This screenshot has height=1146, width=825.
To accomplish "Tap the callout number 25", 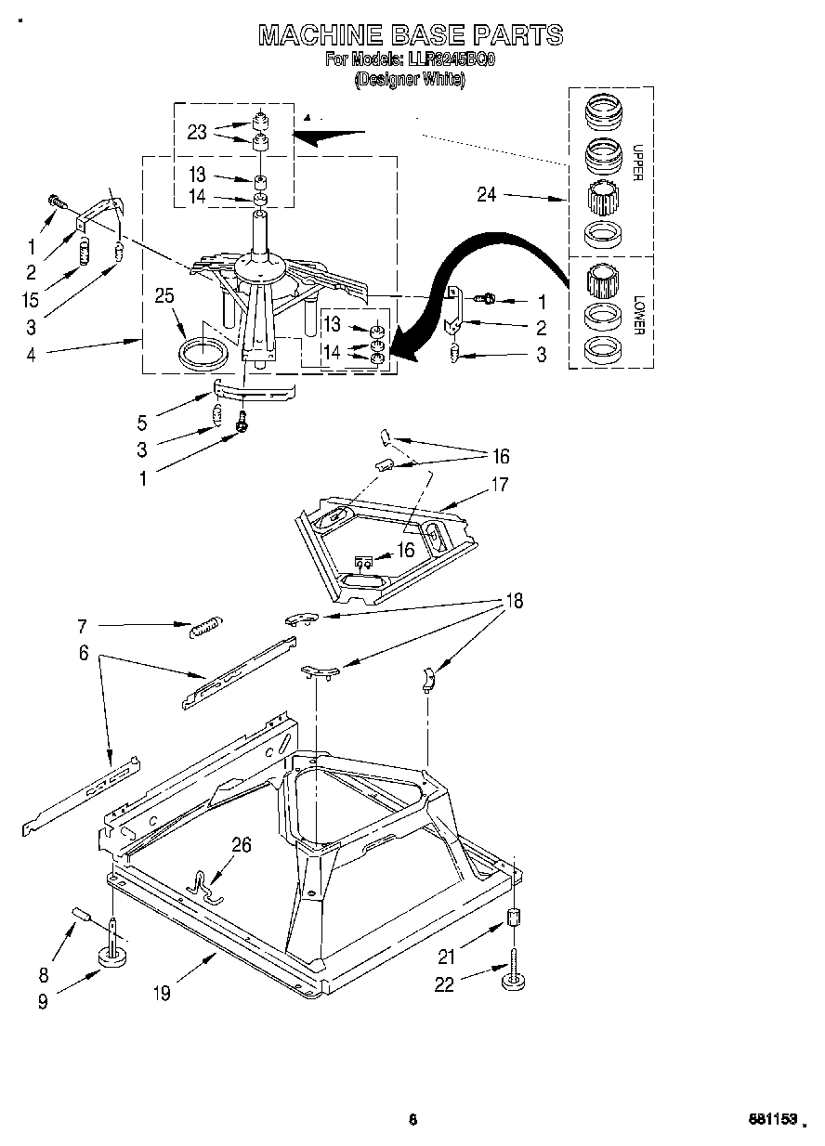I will [164, 295].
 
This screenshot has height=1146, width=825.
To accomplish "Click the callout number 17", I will [500, 484].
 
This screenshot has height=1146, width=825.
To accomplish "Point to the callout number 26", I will [242, 844].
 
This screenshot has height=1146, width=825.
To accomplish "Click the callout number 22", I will [444, 984].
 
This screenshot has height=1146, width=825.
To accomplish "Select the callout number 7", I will [83, 626].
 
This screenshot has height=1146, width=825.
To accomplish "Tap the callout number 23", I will [197, 132].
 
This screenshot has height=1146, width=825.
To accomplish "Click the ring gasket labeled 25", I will [203, 353].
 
